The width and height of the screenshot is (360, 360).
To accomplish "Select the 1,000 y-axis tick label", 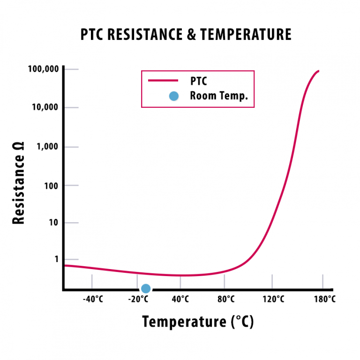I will pos(47,147).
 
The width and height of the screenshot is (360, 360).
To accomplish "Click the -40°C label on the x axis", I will pos(93,299).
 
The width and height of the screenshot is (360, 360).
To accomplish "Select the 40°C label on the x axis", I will pos(180,299).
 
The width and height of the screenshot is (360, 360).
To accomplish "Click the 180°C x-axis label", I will pos(324,299).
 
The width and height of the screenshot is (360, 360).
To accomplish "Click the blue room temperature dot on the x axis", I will pos(146,289).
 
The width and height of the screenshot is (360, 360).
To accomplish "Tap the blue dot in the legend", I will pos(173,96).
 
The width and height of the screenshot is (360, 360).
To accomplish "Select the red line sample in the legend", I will pos(163,81).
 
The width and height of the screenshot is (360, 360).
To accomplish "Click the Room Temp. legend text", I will pos(218,96).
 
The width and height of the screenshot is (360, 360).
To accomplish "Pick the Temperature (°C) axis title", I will pos(197,322).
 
